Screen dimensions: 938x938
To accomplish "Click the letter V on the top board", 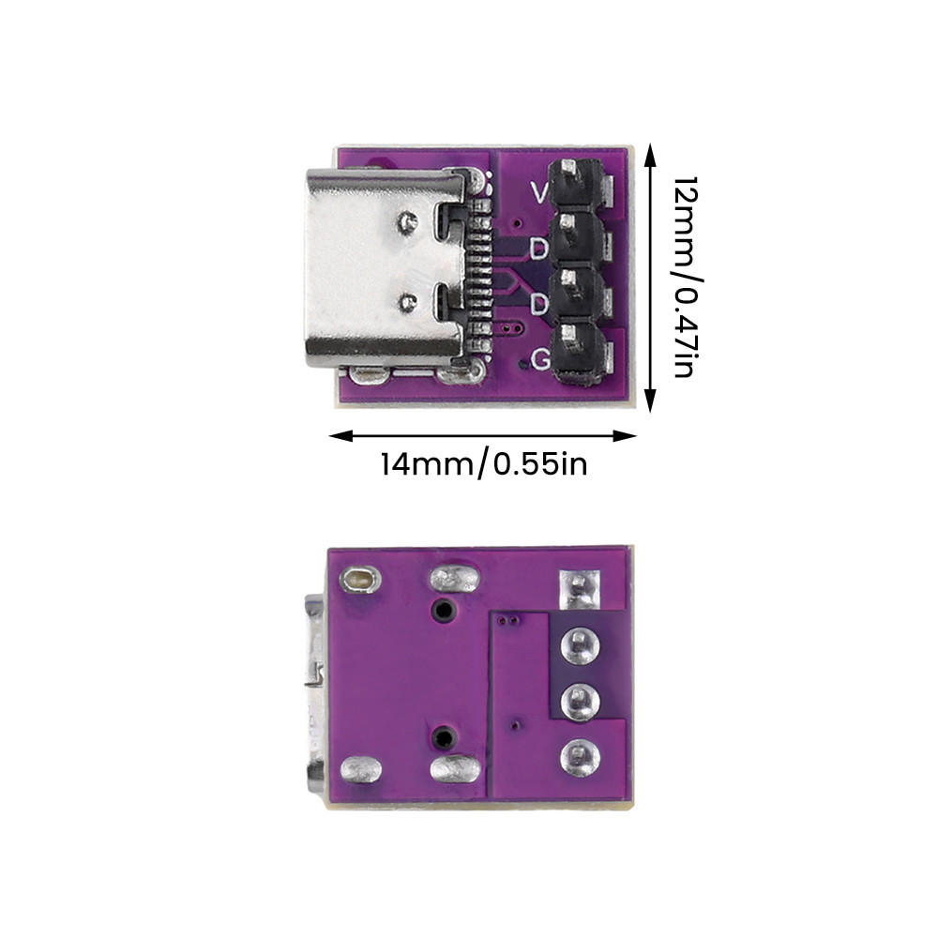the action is pyautogui.click(x=539, y=192).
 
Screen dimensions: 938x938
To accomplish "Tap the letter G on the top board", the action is pyautogui.click(x=541, y=359).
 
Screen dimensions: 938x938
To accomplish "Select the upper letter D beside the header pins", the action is pyautogui.click(x=539, y=249).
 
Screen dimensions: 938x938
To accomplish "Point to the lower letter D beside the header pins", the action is pyautogui.click(x=539, y=303).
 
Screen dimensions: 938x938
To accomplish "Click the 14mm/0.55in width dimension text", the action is pyautogui.click(x=484, y=465).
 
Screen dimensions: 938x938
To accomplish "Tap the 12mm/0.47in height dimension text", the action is pyautogui.click(x=686, y=277).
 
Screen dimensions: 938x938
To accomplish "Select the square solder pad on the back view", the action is pyautogui.click(x=579, y=589).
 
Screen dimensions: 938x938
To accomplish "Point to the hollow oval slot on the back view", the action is pyautogui.click(x=359, y=579).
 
